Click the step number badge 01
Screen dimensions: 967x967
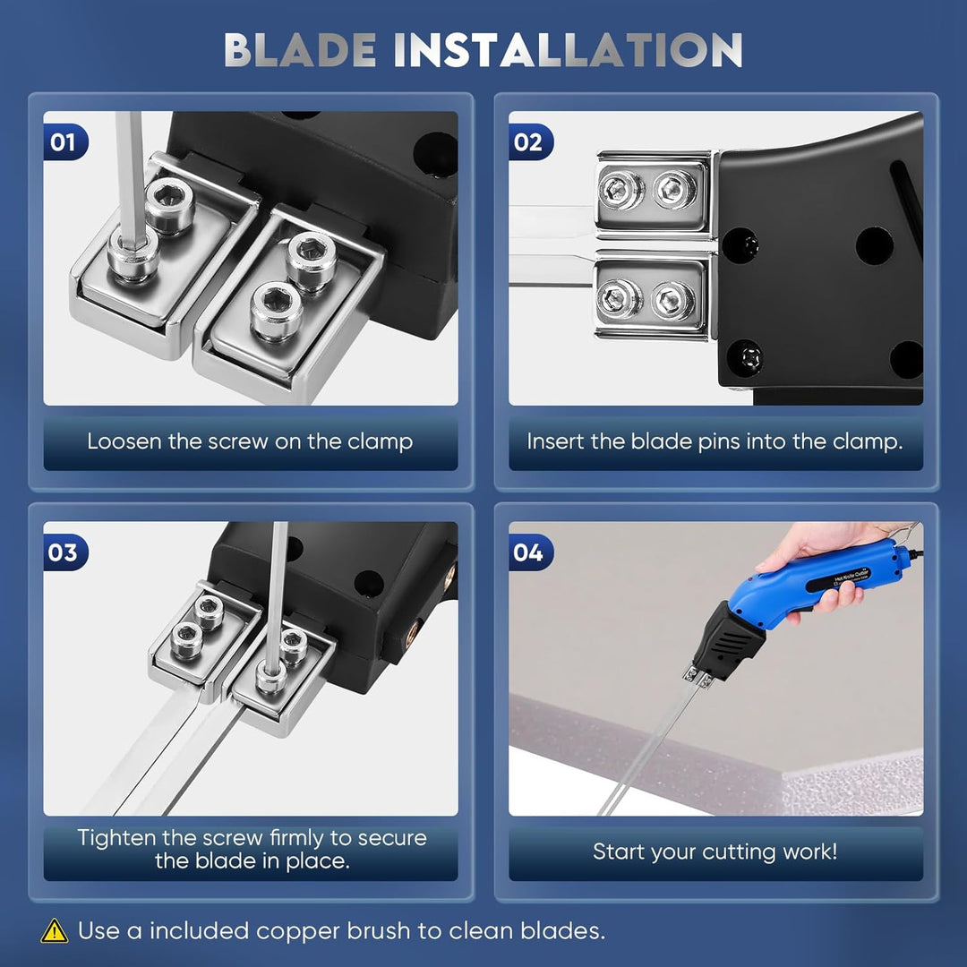coord(65,142)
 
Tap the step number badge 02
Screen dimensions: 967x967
coord(530,142)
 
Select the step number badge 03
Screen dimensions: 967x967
coord(65,552)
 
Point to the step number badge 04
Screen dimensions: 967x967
coord(530,552)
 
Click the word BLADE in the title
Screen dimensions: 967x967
coord(300,50)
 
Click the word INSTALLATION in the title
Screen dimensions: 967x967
coord(568,50)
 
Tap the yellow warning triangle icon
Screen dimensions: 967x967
coord(55,930)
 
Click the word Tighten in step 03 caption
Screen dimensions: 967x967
coord(116,837)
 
